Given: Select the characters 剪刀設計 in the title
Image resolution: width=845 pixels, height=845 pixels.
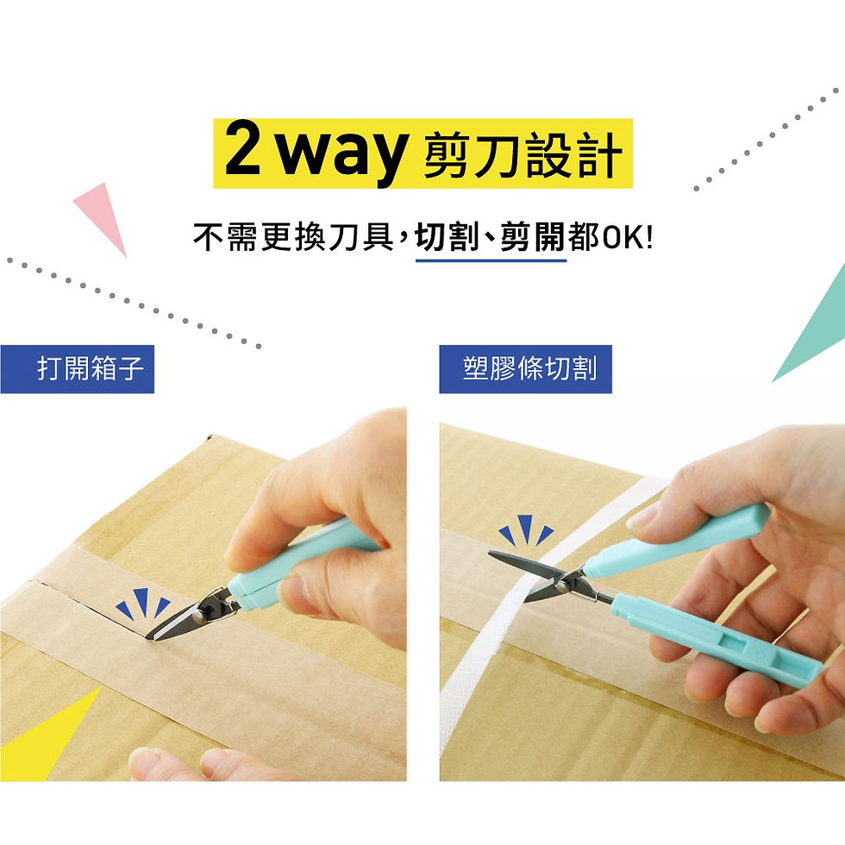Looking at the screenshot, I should (523, 155).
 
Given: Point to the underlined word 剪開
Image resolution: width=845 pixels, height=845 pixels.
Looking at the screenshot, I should (536, 237).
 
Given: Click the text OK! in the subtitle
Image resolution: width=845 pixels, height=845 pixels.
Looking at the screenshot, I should (627, 237).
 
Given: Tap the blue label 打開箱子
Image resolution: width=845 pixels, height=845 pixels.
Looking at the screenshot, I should (78, 369).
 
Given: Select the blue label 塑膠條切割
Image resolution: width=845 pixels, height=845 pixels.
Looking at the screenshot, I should (525, 369).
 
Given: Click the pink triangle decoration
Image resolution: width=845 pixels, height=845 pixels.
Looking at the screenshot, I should (102, 215).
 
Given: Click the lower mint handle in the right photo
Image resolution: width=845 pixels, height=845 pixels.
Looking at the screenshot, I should (716, 642).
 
